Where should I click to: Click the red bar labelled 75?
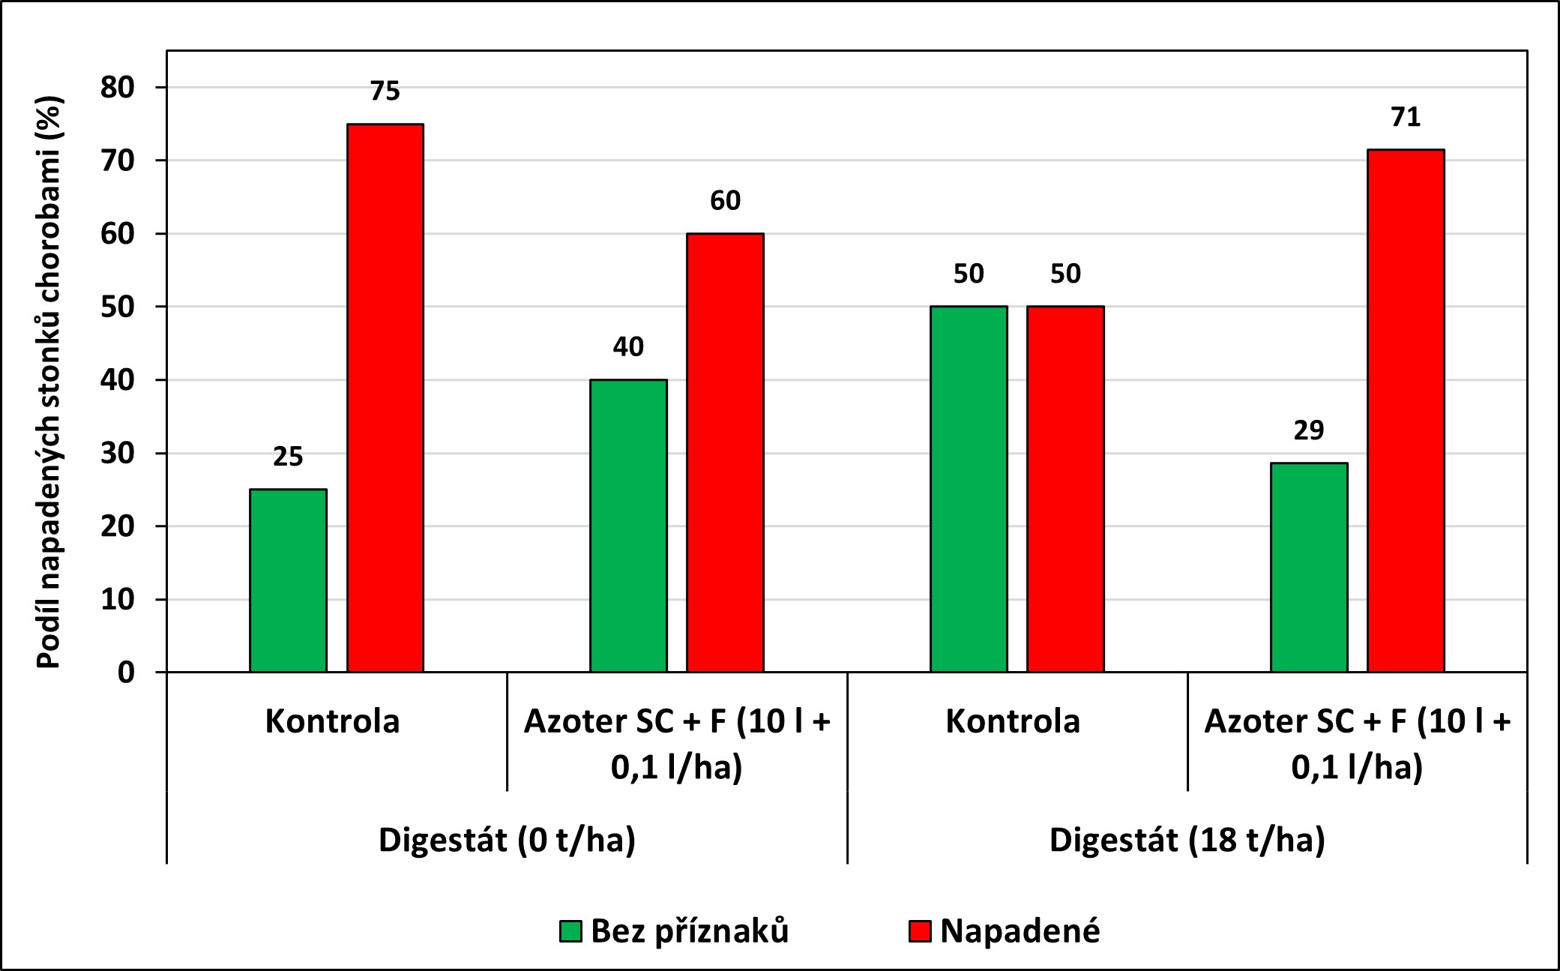[385, 397]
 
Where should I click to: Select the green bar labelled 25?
[288, 580]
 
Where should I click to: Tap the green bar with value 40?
[628, 526]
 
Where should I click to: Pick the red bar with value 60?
[725, 452]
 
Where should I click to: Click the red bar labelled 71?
[1406, 410]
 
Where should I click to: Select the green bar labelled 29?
[1309, 567]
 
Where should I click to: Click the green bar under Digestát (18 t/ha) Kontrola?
[969, 489]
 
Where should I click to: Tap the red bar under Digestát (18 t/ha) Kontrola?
[1065, 489]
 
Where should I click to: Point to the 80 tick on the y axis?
[118, 88]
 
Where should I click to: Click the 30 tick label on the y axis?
[118, 454]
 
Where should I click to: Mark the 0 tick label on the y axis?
[126, 673]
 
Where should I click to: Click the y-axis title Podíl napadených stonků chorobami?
[49, 382]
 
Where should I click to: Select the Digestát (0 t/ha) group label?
[507, 840]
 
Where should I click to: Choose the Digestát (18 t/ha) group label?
[1187, 840]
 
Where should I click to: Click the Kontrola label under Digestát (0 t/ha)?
[332, 721]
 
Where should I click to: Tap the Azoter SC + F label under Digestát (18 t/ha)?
[1357, 743]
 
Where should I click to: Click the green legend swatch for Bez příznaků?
[570, 931]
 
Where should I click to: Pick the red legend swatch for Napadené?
[920, 931]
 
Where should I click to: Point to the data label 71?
[1406, 117]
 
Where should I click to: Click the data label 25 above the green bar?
[288, 457]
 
